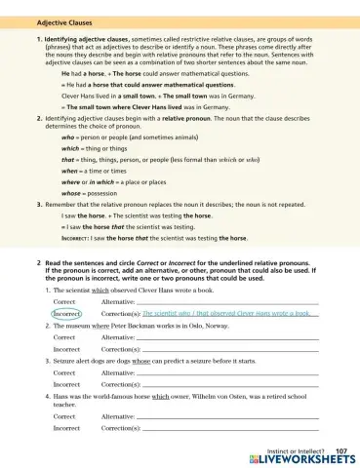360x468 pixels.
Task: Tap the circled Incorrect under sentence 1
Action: point(66,314)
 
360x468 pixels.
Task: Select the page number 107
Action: point(340,449)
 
